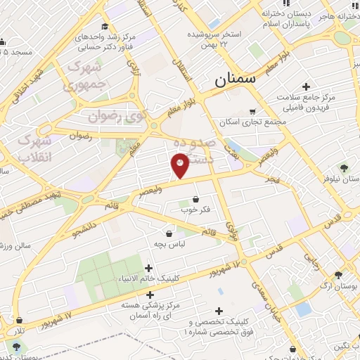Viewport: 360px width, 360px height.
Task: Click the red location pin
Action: tap(180, 165)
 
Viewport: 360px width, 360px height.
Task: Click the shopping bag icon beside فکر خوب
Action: tap(205, 199)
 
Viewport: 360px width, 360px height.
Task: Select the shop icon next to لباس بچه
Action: tap(169, 233)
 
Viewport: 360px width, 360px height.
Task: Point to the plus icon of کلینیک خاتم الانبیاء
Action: tap(148, 268)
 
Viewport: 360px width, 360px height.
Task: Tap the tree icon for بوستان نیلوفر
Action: tap(344, 168)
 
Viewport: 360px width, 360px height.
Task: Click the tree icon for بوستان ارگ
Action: tap(339, 275)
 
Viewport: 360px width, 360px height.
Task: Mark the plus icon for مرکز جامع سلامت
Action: tap(306, 86)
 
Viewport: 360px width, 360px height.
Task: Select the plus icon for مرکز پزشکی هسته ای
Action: tap(150, 295)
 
